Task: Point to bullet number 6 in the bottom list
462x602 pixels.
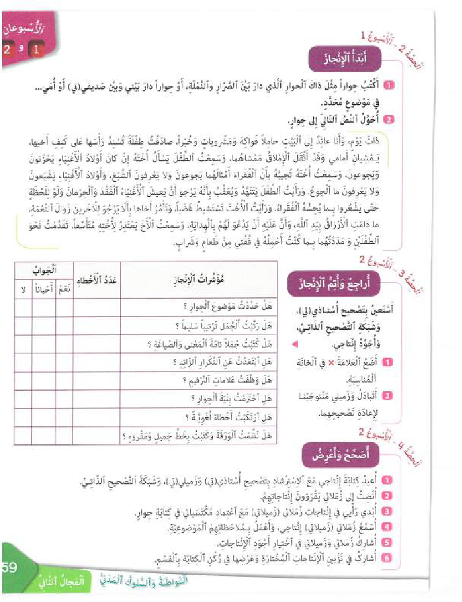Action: pyautogui.click(x=387, y=558)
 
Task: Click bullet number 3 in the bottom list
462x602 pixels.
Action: pyautogui.click(x=387, y=511)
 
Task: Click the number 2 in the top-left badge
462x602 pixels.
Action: pyautogui.click(x=8, y=50)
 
